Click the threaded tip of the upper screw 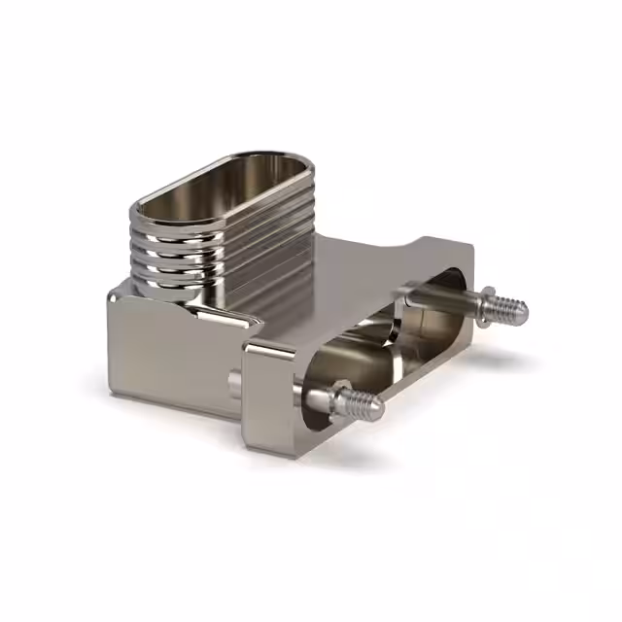click(x=509, y=309)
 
